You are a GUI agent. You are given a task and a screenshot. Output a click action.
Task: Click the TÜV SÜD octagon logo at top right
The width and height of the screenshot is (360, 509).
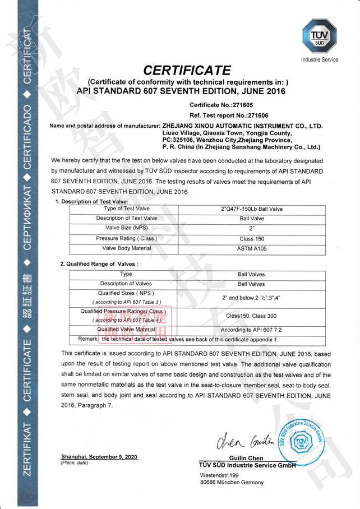319,35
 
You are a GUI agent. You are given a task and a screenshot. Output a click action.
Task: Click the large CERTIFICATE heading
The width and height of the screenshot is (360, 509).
187,71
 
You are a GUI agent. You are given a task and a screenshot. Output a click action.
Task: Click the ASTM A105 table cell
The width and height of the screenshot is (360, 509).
252,248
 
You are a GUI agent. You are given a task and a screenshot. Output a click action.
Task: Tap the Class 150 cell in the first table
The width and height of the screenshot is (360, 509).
252,238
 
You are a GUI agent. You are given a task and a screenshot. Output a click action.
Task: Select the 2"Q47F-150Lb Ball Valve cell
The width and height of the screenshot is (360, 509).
252,209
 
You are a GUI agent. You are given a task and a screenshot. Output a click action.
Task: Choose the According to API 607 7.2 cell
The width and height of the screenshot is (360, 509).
251,330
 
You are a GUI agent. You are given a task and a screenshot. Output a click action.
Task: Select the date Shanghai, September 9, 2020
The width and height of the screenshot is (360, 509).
99,457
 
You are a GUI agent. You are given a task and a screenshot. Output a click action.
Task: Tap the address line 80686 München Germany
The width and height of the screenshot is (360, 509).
232,482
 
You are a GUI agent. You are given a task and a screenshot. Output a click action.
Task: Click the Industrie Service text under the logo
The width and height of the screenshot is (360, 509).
320,59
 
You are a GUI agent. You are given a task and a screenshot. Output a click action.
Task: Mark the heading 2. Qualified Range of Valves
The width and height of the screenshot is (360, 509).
99,263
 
